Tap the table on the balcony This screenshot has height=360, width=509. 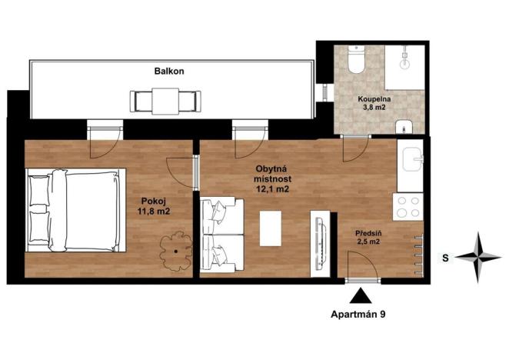(x=166, y=100)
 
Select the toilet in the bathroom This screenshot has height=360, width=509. (x=354, y=60)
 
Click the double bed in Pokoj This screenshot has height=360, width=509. (x=75, y=210)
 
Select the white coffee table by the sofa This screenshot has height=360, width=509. (x=271, y=228)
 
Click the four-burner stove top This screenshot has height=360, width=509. (x=407, y=206)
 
